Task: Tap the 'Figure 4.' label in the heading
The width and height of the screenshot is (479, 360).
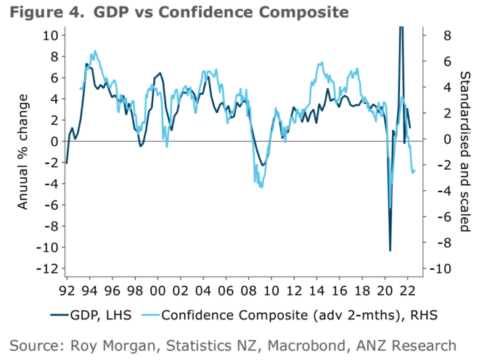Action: click(41, 12)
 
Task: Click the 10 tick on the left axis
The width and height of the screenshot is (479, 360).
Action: click(50, 35)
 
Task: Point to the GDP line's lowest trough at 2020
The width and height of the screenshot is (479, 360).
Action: click(390, 251)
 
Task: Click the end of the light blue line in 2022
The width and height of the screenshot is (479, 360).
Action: click(414, 171)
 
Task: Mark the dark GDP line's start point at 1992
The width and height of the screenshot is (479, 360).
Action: click(66, 163)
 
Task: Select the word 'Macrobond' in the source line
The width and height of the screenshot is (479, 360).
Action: click(301, 345)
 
